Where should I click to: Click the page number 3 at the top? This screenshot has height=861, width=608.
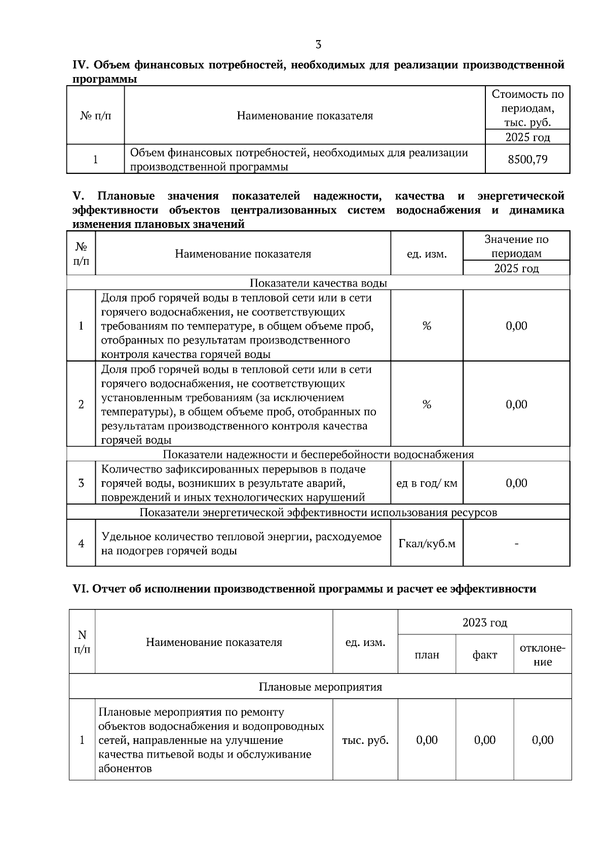(x=318, y=45)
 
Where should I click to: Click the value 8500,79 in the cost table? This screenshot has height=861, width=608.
(x=527, y=159)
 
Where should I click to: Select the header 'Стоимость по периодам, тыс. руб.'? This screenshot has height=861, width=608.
(x=527, y=108)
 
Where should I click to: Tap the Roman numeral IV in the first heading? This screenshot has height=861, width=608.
(x=81, y=65)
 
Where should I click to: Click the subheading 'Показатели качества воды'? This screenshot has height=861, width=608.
(x=318, y=283)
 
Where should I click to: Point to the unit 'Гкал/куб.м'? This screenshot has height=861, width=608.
(x=427, y=544)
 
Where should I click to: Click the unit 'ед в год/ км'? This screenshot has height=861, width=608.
(x=427, y=483)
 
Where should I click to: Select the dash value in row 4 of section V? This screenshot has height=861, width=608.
(x=516, y=544)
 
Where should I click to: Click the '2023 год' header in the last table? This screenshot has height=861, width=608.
(x=484, y=623)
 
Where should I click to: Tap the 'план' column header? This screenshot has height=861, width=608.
(x=427, y=655)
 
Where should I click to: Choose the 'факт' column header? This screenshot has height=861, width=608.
(x=484, y=655)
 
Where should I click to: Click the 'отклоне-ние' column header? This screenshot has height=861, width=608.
(x=542, y=655)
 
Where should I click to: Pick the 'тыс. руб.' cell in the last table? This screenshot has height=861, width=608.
(x=365, y=740)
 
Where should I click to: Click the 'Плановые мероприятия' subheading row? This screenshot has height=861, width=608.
(x=320, y=687)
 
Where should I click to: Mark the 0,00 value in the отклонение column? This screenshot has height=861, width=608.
(x=542, y=740)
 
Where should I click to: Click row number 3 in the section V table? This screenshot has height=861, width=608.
(x=81, y=483)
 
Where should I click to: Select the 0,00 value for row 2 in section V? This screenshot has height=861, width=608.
(x=516, y=404)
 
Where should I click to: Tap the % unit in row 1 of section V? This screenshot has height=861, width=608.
(x=427, y=326)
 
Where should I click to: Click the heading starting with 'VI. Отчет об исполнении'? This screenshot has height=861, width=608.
(x=304, y=589)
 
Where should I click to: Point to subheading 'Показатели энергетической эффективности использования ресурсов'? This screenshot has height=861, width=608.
(x=318, y=512)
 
